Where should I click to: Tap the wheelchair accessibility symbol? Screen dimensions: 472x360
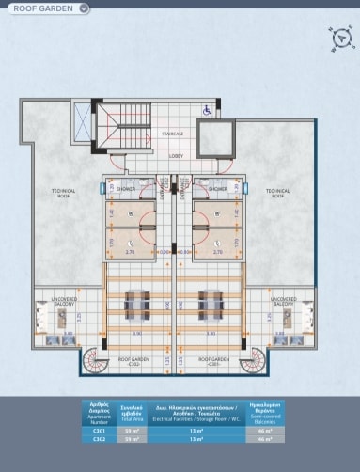[x=208, y=110]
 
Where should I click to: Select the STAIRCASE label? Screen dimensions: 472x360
[x=172, y=134]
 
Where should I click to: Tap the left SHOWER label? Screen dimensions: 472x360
[x=127, y=189]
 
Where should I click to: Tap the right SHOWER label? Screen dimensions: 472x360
[x=217, y=189]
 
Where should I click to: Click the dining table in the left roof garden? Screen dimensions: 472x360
[x=136, y=302]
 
